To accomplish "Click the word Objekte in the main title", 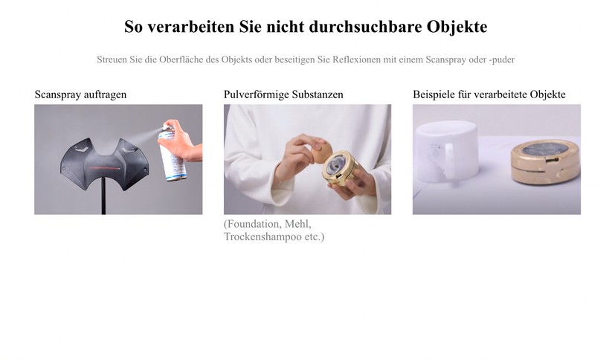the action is click(x=457, y=27).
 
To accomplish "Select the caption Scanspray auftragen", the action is click(x=80, y=94).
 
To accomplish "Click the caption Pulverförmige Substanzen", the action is click(x=283, y=94).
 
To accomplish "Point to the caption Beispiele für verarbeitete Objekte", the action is click(x=489, y=94).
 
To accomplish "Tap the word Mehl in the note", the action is click(x=297, y=224).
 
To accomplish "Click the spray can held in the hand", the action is click(x=172, y=154).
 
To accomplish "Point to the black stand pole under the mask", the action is click(x=103, y=196).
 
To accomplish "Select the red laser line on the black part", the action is click(x=106, y=168).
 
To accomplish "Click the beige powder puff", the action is click(x=321, y=152).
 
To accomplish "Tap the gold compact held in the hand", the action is click(x=339, y=168).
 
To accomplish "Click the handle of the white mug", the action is click(x=448, y=160).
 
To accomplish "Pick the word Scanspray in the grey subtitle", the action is click(x=445, y=60).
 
